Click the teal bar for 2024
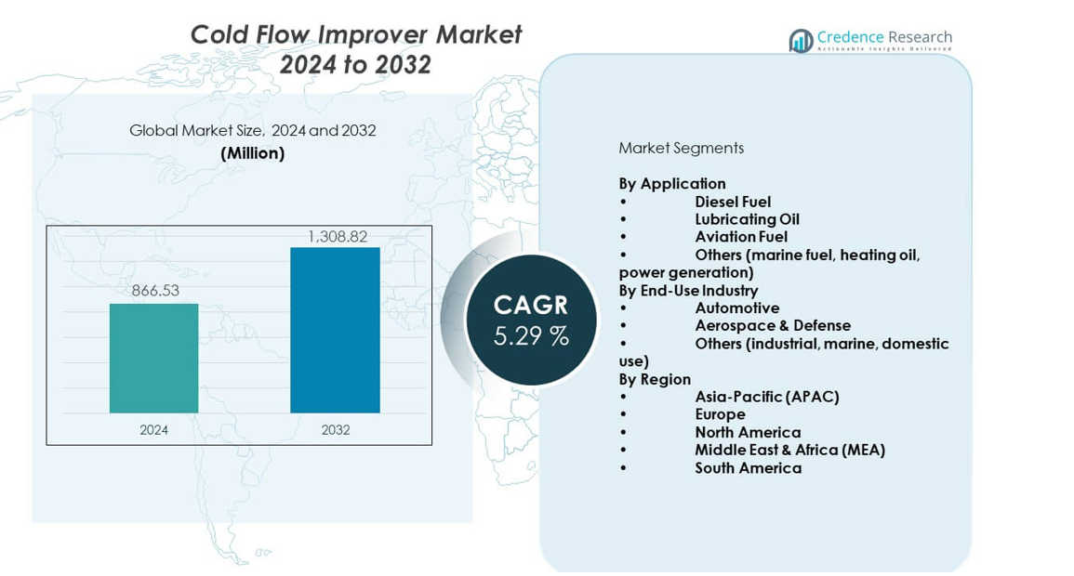click(153, 358)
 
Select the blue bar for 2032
click(335, 330)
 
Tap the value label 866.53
click(155, 291)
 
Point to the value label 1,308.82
click(337, 237)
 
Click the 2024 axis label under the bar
click(153, 430)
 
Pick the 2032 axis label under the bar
click(335, 430)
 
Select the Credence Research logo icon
click(801, 40)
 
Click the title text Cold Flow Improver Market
click(355, 34)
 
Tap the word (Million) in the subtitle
click(252, 153)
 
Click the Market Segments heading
click(681, 148)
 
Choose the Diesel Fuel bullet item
click(733, 202)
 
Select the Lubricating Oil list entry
click(747, 219)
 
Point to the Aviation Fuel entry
click(741, 237)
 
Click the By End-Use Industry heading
click(688, 290)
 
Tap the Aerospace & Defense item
click(772, 325)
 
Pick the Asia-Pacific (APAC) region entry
click(766, 397)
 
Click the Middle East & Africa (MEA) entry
click(789, 450)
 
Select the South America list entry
click(748, 467)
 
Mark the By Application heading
click(672, 183)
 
